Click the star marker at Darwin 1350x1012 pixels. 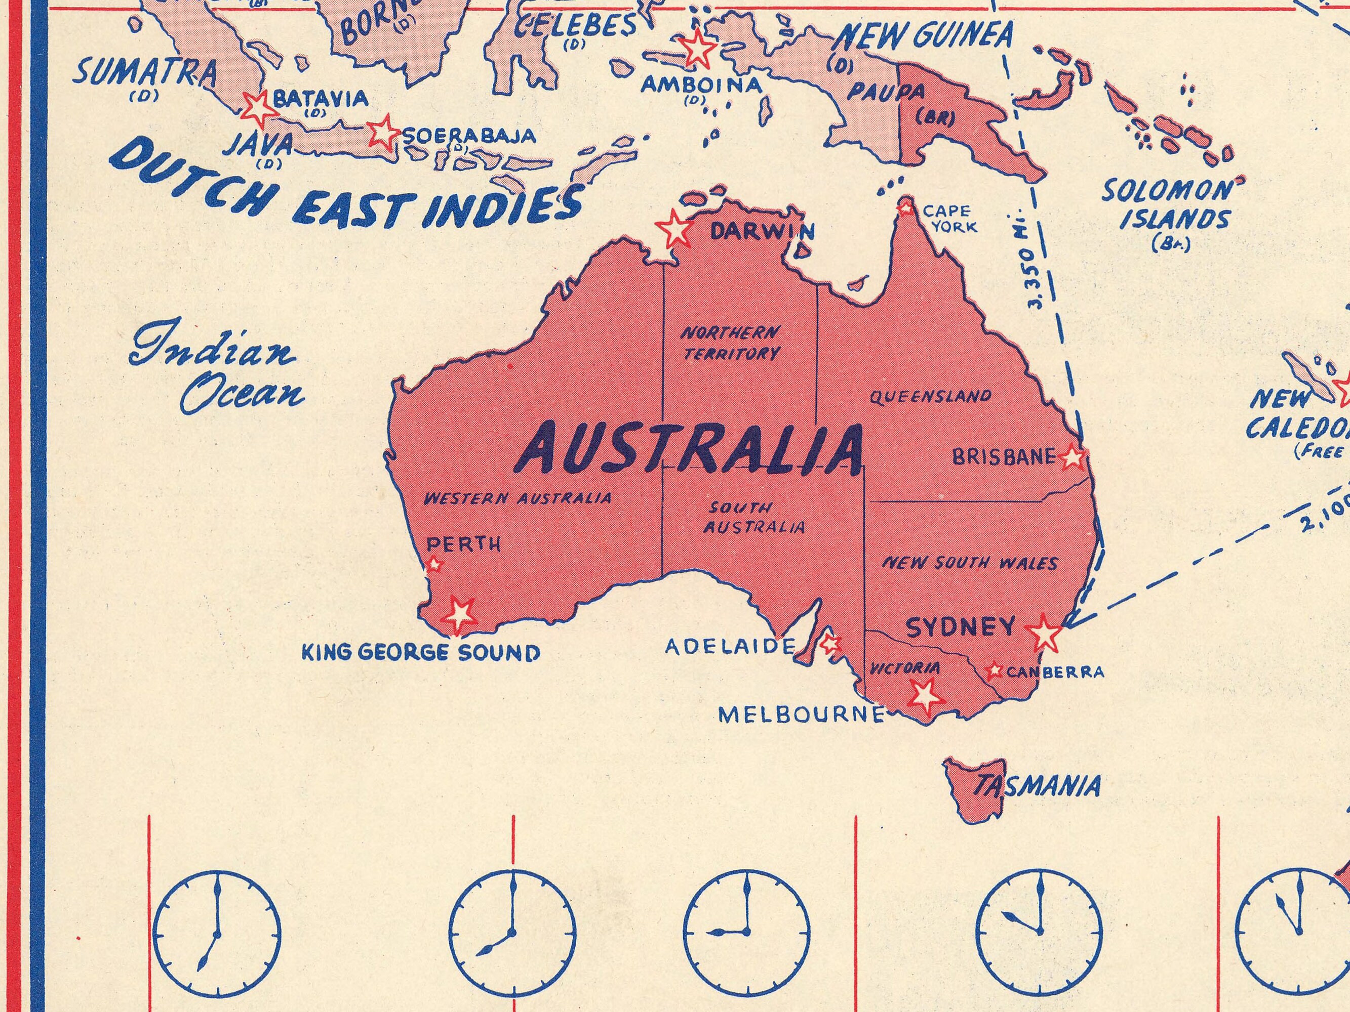(674, 229)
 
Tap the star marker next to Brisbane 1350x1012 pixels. (1073, 457)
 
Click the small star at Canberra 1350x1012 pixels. (994, 670)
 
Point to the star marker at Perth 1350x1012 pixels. (434, 564)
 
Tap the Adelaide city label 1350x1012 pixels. (730, 646)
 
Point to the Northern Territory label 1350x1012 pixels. (730, 343)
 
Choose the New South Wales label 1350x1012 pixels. (970, 563)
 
